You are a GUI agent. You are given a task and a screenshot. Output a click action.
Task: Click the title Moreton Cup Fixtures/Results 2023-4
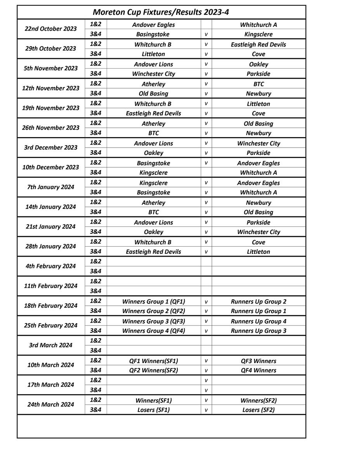pyautogui.click(x=161, y=12)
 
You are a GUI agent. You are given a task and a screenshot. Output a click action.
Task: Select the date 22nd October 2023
pyautogui.click(x=50, y=29)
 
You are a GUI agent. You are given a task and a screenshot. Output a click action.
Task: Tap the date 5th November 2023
pyautogui.click(x=50, y=68)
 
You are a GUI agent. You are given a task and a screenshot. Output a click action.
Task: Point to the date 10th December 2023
pyautogui.click(x=50, y=167)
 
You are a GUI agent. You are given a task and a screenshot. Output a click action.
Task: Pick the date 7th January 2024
pyautogui.click(x=50, y=187)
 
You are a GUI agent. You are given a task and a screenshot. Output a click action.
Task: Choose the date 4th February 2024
pyautogui.click(x=50, y=266)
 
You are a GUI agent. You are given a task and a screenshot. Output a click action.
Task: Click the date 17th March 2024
pyautogui.click(x=50, y=385)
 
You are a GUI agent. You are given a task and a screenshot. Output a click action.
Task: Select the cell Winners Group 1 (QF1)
pyautogui.click(x=153, y=301)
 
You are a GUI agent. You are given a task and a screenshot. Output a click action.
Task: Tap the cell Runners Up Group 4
pyautogui.click(x=258, y=321)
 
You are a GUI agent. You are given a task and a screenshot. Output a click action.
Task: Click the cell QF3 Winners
pyautogui.click(x=258, y=361)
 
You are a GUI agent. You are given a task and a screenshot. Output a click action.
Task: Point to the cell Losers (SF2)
pyautogui.click(x=258, y=410)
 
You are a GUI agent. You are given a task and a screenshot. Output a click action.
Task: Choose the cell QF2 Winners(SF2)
pyautogui.click(x=153, y=370)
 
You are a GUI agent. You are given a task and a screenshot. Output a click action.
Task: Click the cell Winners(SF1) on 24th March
pyautogui.click(x=153, y=400)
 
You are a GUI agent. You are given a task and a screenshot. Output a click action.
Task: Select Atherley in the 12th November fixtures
pyautogui.click(x=153, y=84)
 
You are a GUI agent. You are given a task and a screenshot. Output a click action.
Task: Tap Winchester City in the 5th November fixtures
pyautogui.click(x=153, y=74)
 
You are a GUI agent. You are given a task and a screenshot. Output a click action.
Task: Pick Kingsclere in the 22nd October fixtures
pyautogui.click(x=258, y=34)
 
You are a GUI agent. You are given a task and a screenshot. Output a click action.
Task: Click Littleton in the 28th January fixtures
pyautogui.click(x=258, y=252)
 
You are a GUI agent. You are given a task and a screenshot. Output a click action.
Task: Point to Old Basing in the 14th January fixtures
pyautogui.click(x=258, y=212)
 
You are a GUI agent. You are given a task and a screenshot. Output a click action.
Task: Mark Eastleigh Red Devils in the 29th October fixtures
pyautogui.click(x=258, y=44)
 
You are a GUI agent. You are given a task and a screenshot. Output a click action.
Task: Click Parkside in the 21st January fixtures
pyautogui.click(x=258, y=223)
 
